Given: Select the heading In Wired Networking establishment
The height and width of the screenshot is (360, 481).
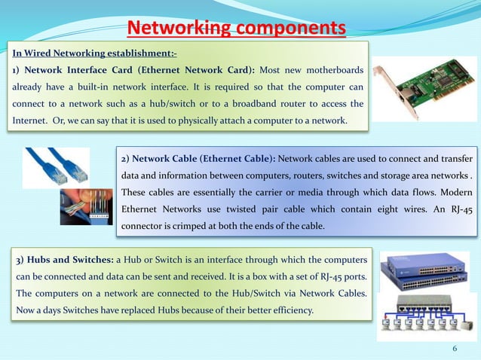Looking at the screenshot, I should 93,53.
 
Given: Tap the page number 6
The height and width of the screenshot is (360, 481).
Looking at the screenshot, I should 455,349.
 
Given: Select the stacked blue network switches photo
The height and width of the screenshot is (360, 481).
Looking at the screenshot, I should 424,271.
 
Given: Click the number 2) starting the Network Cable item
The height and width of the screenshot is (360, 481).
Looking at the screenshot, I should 126,160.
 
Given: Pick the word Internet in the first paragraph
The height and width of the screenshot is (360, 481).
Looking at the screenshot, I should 26,121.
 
